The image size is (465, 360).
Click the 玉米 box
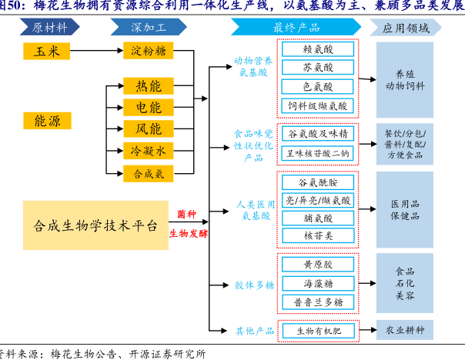point(46,51)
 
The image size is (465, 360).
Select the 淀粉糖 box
point(149,51)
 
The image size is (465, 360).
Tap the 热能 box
point(149,85)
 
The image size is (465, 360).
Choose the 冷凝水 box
point(149,152)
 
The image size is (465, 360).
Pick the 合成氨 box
point(149,174)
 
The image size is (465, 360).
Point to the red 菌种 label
point(186,214)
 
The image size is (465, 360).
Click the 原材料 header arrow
point(54,28)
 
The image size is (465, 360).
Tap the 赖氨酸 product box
point(318,49)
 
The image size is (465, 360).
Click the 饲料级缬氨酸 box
point(318,105)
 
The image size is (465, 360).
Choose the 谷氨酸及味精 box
point(318,133)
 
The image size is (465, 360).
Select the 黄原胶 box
point(318,265)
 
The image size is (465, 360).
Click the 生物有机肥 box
point(318,331)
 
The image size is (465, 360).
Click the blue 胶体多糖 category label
point(254,285)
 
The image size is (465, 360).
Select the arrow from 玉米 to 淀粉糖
point(96,51)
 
